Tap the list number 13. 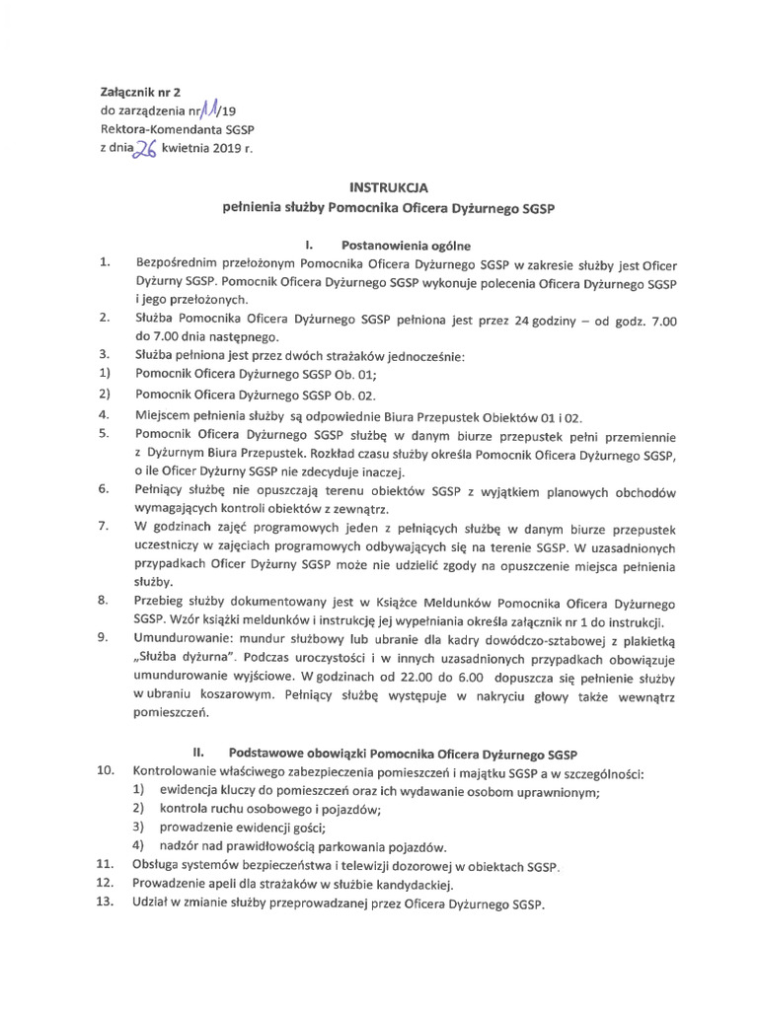click(x=107, y=903)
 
